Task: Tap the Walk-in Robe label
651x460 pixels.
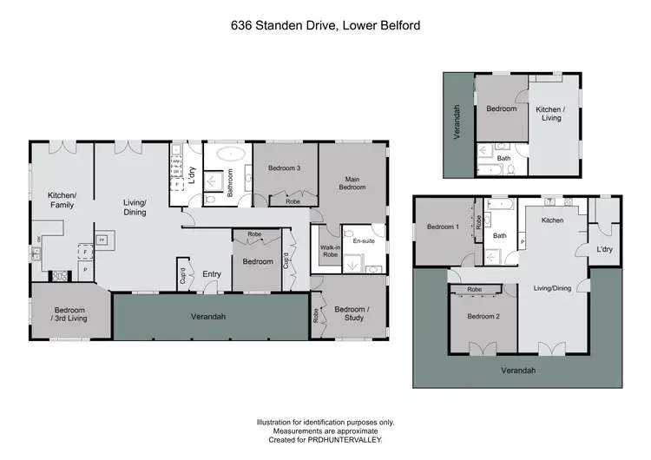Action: point(330,251)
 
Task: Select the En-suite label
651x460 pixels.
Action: point(363,241)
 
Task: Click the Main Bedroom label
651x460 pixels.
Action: point(352,183)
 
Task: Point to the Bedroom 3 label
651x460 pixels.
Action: point(284,168)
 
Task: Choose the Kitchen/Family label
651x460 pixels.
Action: point(62,200)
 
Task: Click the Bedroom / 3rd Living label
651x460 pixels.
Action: point(69,314)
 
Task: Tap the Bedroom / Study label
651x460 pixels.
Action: point(352,313)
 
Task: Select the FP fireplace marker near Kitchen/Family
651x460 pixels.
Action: point(102,240)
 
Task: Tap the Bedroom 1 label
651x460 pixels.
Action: point(444,227)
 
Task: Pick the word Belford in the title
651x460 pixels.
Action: point(398,26)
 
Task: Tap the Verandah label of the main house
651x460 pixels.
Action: point(208,317)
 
